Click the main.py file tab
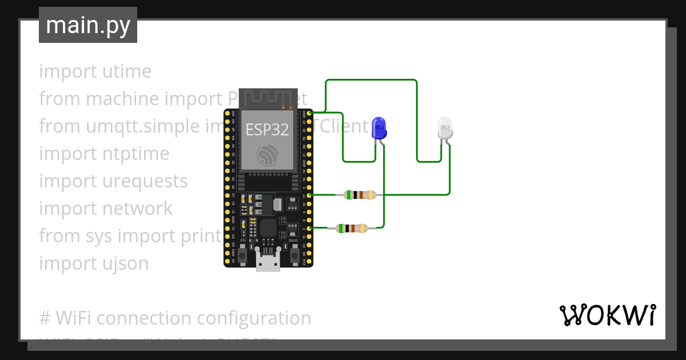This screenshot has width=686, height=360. [88, 25]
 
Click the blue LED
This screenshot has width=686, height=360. [378, 128]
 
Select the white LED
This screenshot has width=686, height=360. [445, 128]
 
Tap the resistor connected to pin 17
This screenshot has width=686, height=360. [359, 195]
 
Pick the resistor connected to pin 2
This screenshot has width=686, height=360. [352, 229]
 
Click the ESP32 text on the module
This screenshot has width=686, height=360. [268, 129]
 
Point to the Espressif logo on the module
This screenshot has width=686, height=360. [268, 155]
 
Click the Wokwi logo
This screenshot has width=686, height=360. [607, 315]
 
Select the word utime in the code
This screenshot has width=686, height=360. [125, 71]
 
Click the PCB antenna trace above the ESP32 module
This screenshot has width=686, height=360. [268, 97]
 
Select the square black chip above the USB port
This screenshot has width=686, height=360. [266, 228]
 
